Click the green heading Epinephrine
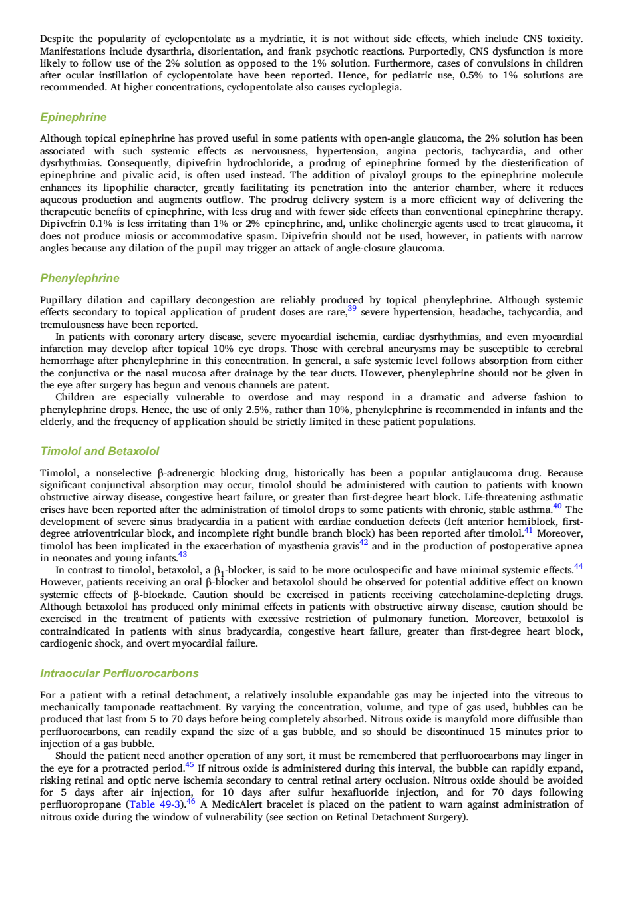(73, 118)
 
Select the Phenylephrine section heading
(80, 278)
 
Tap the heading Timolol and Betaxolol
(100, 452)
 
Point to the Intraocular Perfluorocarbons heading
(120, 673)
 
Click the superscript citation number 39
(352, 308)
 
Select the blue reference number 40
(557, 506)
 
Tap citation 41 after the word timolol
(528, 530)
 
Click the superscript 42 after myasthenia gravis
(363, 542)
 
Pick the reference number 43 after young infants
(182, 555)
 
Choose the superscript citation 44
(578, 567)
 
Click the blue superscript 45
(190, 764)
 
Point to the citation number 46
(190, 801)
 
